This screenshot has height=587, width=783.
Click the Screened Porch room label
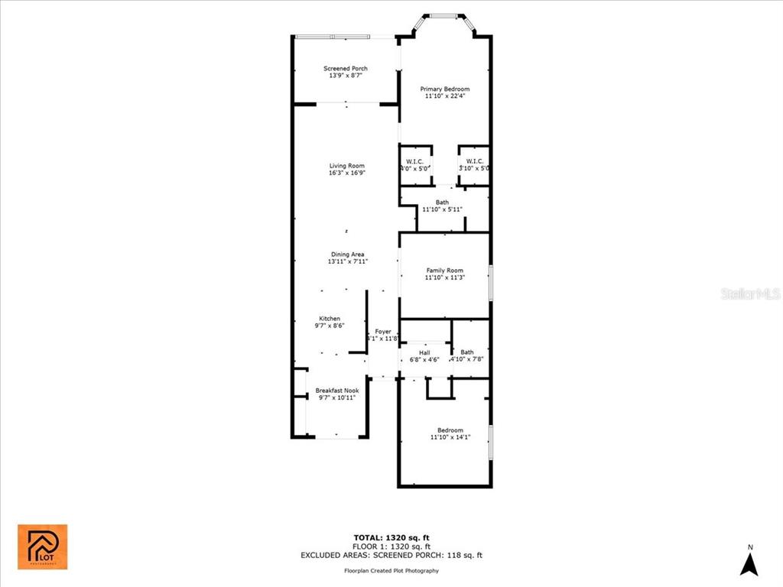click(346, 69)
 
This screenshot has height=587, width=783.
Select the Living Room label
click(346, 166)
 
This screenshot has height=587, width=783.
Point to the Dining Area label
click(347, 255)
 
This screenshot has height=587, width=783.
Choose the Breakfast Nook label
click(336, 391)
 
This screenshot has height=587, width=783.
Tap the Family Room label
click(444, 271)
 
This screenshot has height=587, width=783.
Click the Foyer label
click(382, 332)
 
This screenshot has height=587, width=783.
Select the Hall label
click(424, 353)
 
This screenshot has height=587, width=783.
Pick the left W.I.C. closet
click(415, 164)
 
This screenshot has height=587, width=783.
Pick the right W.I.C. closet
click(474, 164)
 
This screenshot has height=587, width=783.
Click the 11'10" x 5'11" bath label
click(442, 209)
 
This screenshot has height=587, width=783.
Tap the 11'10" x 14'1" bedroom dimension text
click(450, 437)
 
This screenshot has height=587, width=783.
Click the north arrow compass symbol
click(750, 564)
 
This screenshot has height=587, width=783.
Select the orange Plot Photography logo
click(42, 546)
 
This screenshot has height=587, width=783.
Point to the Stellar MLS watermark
click(750, 293)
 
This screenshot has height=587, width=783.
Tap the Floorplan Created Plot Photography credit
click(391, 571)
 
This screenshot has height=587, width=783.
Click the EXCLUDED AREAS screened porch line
click(391, 556)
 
